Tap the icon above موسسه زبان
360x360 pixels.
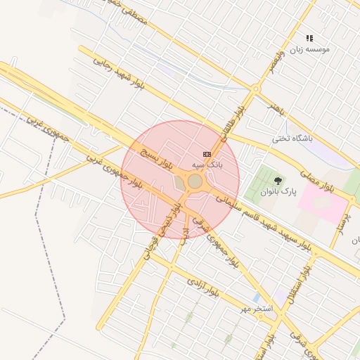309,38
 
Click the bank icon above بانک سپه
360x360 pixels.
207,154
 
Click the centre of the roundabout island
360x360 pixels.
195,181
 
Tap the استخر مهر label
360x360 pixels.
253,309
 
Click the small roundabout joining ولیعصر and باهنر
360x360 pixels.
256,89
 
